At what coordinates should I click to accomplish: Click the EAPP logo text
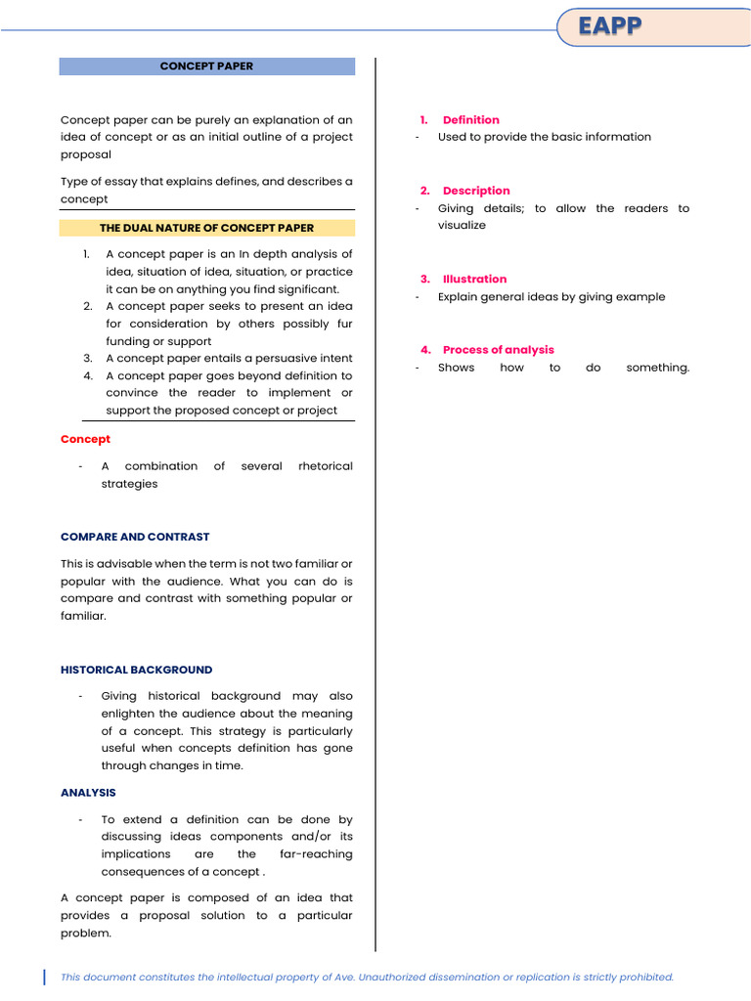(609, 26)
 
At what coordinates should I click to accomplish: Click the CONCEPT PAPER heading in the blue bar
(206, 66)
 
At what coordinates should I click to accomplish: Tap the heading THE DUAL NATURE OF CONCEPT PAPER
(206, 228)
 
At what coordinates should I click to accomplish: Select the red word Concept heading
(85, 439)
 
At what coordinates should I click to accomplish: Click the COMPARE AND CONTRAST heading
(135, 537)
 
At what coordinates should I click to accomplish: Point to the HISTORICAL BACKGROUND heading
(136, 670)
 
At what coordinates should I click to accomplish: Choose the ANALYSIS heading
(88, 793)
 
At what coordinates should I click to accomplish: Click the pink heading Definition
(470, 119)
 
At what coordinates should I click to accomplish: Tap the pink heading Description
(476, 191)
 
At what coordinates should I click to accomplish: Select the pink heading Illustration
(474, 279)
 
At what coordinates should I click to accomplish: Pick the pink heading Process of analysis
(498, 349)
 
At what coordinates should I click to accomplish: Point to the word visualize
(462, 225)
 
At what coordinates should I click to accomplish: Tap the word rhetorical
(326, 466)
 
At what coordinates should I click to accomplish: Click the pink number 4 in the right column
(425, 349)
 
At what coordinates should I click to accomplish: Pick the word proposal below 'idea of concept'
(86, 154)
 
